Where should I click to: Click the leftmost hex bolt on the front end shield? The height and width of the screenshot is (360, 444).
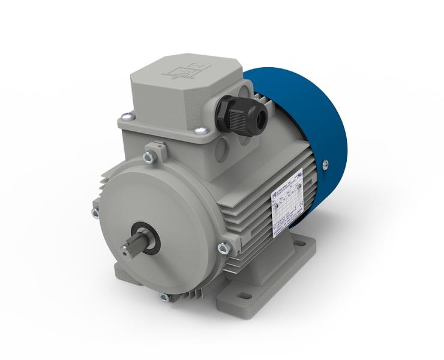pos(95,213)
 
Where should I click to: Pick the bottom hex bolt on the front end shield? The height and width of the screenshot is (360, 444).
pos(164,297)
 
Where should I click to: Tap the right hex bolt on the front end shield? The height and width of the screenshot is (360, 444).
pos(223,247)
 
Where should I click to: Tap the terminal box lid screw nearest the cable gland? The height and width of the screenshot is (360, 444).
pos(202,130)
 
